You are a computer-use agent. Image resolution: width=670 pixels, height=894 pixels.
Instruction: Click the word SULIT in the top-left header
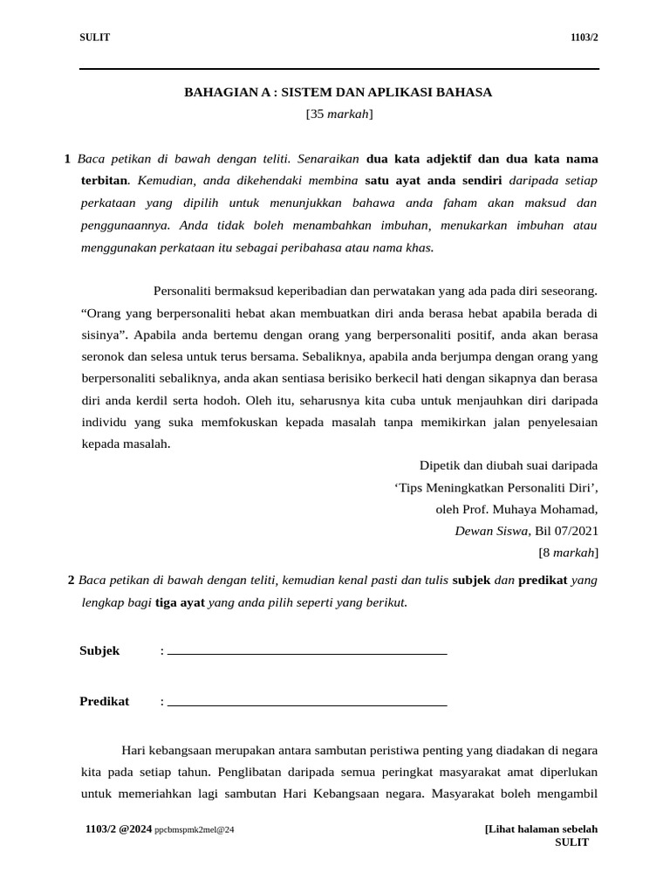95,38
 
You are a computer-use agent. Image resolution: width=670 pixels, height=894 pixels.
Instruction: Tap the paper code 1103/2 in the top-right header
584,38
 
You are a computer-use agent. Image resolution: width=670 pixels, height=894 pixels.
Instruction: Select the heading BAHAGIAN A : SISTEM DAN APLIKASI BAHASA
338,92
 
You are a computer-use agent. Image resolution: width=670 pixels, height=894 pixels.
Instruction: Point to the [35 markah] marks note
338,113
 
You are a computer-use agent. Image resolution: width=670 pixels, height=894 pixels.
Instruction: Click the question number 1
67,159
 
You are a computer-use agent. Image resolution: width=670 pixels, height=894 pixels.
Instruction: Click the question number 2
71,580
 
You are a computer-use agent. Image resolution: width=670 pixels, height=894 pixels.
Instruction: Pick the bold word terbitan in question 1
104,181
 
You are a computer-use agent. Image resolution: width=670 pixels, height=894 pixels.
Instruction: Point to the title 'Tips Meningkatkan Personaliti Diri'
496,487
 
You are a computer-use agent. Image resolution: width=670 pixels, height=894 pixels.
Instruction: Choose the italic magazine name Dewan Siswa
492,531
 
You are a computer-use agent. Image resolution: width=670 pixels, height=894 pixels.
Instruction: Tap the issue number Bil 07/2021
566,531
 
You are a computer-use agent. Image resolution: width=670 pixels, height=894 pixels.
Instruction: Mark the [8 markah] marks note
568,552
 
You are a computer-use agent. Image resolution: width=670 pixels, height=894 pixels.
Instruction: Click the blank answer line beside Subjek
307,652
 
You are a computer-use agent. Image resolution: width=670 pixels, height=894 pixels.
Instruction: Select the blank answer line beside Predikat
307,703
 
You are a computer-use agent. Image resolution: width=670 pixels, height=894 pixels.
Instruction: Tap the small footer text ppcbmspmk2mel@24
195,829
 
